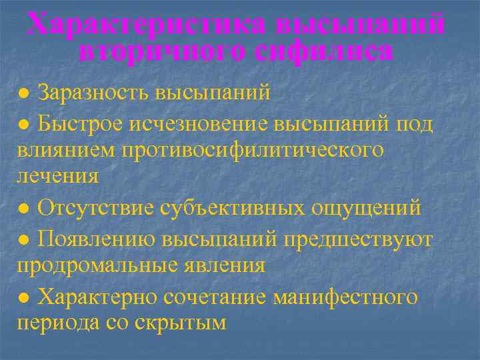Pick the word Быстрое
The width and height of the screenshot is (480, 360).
[79, 123]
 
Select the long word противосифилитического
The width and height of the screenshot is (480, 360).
[253, 150]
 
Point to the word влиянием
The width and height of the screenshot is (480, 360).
[65, 150]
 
